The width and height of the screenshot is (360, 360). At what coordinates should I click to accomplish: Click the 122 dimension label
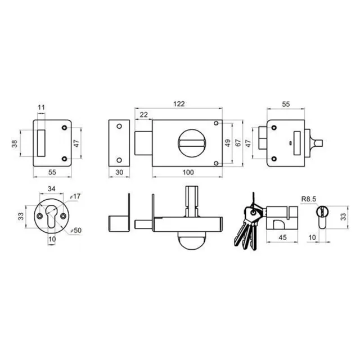point(179,103)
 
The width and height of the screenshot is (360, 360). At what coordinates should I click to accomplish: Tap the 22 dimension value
point(144,115)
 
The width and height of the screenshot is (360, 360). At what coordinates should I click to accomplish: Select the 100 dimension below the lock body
point(188,172)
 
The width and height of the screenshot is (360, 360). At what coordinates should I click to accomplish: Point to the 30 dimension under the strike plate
point(119,172)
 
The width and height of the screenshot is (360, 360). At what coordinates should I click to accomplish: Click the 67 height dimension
point(238,143)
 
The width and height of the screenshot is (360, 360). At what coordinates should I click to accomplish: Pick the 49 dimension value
point(227,143)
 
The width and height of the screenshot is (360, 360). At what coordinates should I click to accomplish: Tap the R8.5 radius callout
point(308,199)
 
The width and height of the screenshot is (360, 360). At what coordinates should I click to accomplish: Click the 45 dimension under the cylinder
point(282,237)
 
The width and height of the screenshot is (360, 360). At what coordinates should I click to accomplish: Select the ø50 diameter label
point(76,230)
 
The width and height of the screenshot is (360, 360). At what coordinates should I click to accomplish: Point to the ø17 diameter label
point(75,196)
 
